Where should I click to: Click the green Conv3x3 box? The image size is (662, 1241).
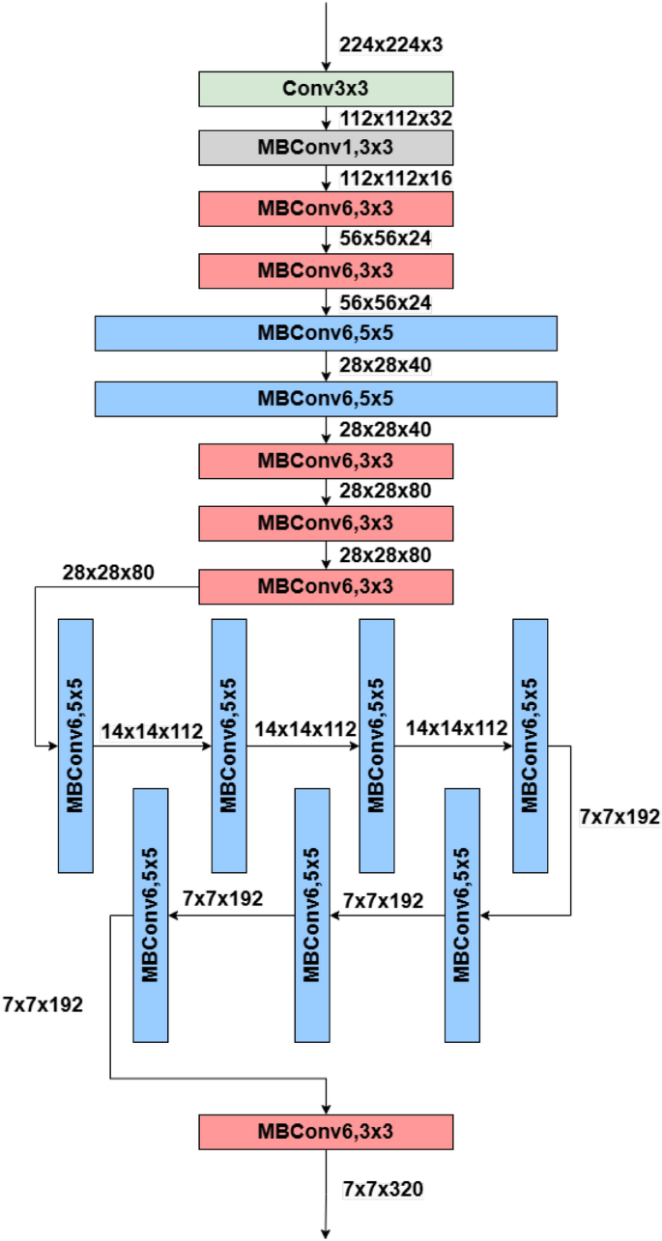pos(326,89)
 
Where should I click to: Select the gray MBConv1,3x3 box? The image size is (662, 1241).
pos(326,148)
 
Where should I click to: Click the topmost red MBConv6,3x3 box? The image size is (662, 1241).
pos(326,208)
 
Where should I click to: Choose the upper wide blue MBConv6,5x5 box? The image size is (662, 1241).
pos(326,333)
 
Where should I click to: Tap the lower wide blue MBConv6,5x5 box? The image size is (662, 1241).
pos(326,398)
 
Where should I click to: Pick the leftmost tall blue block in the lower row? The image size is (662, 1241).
pos(150,915)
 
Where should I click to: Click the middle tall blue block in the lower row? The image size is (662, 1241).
pos(311,915)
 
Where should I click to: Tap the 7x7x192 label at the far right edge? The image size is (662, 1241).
pos(619,817)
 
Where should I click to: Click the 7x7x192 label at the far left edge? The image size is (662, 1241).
pos(43,1003)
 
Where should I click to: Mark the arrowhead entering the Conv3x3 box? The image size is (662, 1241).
pos(326,67)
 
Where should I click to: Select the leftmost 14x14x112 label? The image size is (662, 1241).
pos(151,730)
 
